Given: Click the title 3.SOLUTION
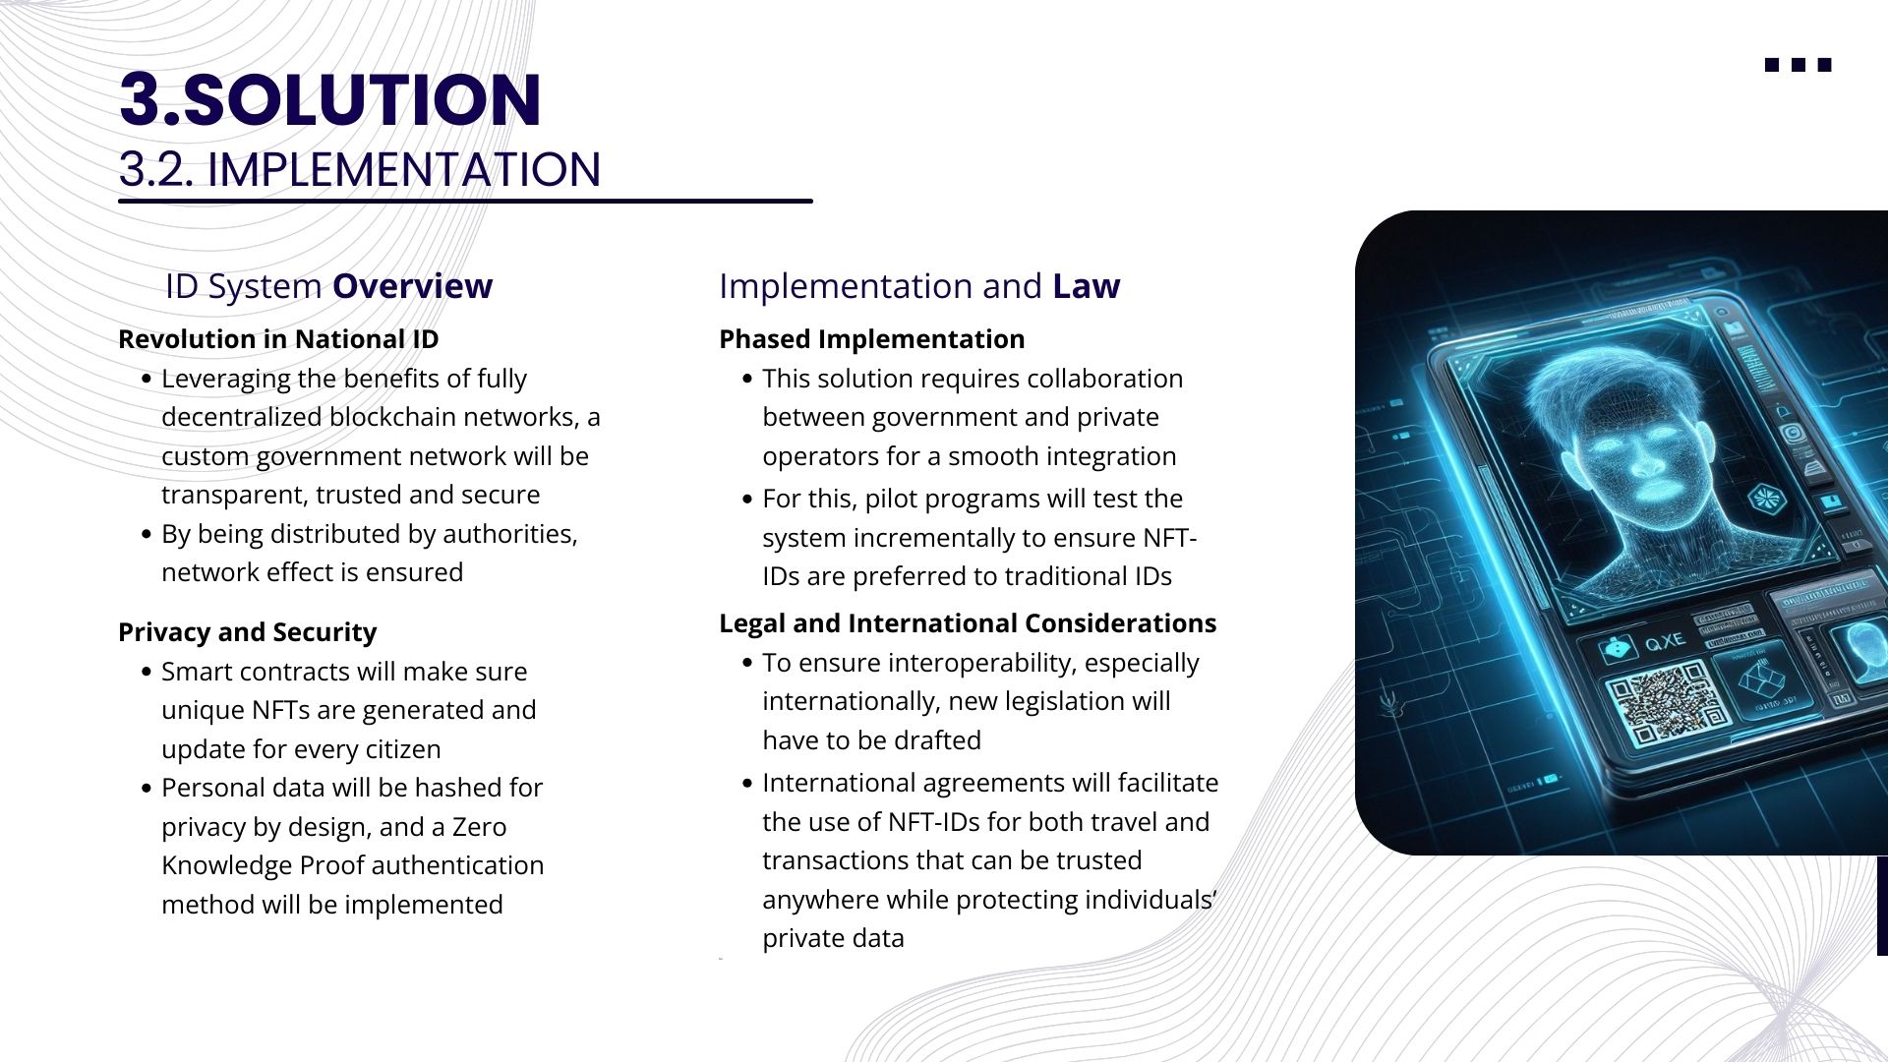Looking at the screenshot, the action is [x=330, y=99].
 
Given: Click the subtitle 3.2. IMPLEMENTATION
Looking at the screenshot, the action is [x=360, y=169].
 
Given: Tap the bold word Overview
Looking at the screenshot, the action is [x=412, y=286].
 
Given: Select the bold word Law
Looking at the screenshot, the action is [x=1086, y=286].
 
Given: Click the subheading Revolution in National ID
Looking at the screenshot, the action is [x=278, y=339].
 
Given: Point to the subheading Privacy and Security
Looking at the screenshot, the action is [x=248, y=632].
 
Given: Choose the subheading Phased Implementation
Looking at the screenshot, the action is [x=871, y=339].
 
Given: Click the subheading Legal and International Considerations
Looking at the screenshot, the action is [x=968, y=623].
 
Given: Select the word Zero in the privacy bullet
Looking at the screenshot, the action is [x=479, y=827].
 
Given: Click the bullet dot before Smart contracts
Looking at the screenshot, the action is [x=147, y=673].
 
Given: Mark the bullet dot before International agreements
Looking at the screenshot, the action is [x=747, y=784].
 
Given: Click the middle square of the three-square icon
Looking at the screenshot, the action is [x=1799, y=65].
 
